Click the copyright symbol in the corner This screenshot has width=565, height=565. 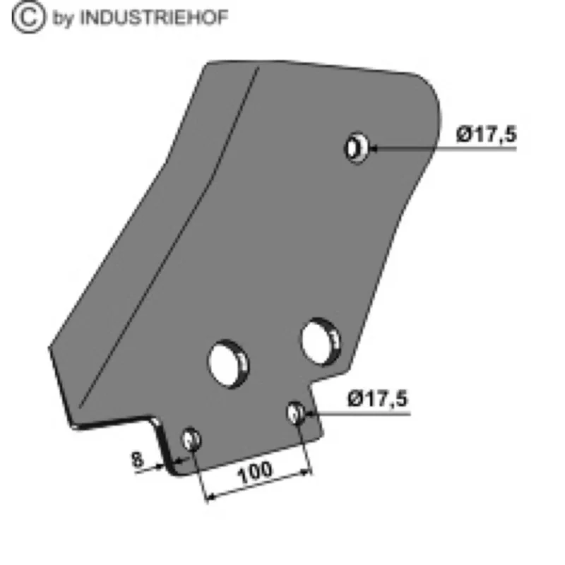click(x=29, y=17)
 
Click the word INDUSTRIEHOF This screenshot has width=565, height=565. click(x=154, y=17)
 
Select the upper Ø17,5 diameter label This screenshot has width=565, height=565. click(x=486, y=134)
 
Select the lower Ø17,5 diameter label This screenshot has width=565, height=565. click(x=377, y=399)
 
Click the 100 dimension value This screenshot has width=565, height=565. click(x=255, y=472)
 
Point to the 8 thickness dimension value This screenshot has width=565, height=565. click(x=137, y=460)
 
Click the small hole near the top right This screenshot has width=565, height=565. click(x=357, y=148)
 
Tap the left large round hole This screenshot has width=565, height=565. click(x=228, y=364)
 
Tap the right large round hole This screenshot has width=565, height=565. click(x=321, y=342)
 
